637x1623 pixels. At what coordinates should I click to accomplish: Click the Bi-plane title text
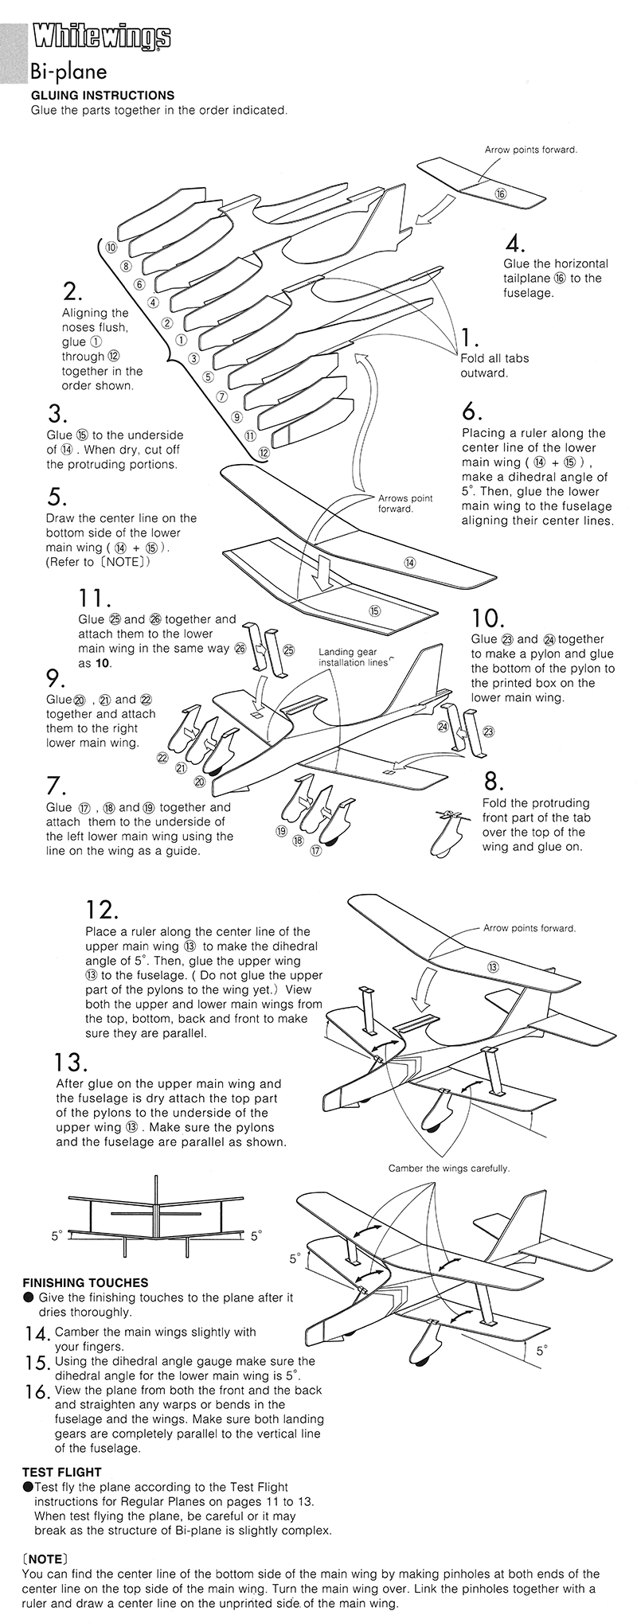tap(68, 72)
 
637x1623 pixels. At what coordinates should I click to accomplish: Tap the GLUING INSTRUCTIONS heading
tap(102, 95)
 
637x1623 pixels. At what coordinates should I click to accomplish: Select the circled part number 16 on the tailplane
tap(500, 193)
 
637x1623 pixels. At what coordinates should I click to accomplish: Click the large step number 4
tap(514, 243)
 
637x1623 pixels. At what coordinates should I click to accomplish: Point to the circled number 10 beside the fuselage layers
tap(111, 247)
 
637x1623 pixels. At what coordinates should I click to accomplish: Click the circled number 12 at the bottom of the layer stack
tap(264, 451)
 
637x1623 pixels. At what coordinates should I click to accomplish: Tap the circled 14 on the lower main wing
tap(410, 562)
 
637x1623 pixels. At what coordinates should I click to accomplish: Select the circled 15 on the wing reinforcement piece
tap(374, 611)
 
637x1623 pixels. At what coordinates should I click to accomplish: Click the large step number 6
tap(471, 412)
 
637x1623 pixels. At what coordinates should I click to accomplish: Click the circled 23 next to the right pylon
tap(488, 731)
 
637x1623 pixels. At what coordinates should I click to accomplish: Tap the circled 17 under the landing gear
tap(315, 851)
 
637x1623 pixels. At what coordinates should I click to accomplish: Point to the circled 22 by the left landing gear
tap(162, 757)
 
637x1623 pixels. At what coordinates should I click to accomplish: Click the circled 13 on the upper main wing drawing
tap(492, 966)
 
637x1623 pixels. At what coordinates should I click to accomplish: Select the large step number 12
tap(101, 909)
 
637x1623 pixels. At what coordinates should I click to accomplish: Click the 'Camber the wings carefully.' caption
tap(448, 1168)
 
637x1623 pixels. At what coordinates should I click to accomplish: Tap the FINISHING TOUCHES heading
tap(85, 1282)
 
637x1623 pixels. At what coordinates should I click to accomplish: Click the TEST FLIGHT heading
tap(62, 1472)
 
